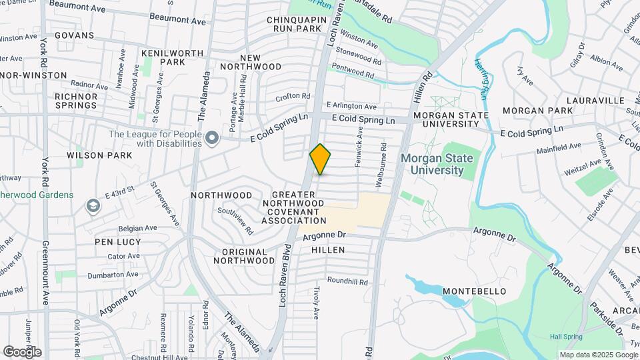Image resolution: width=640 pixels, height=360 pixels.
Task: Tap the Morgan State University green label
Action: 437,164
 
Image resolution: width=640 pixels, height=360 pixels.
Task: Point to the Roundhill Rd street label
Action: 347,282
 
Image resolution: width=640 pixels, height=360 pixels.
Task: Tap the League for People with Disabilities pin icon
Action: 213,138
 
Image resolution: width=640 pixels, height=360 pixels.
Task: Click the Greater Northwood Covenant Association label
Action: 294,207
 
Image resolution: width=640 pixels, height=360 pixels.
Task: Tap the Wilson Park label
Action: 99,155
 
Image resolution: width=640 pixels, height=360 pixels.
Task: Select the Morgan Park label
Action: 537,110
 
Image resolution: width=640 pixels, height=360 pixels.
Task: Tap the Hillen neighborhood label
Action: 328,250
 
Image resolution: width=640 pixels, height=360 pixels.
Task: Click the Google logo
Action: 22,352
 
